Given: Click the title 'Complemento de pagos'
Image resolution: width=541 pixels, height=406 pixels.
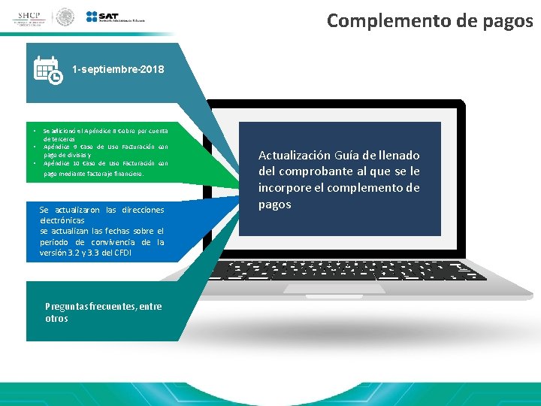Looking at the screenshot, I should pyautogui.click(x=430, y=20).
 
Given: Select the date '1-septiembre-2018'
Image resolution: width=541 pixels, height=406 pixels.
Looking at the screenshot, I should pyautogui.click(x=118, y=70).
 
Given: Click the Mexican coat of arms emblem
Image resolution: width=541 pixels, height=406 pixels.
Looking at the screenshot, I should pyautogui.click(x=66, y=17).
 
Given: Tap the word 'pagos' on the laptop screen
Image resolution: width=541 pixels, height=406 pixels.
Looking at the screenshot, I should pyautogui.click(x=275, y=205).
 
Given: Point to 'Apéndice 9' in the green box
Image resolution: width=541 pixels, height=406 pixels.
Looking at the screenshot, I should pyautogui.click(x=62, y=147).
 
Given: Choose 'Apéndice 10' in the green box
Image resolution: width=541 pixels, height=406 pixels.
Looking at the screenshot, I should pyautogui.click(x=63, y=163).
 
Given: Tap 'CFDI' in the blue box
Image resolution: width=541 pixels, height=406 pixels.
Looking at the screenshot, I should pyautogui.click(x=125, y=253).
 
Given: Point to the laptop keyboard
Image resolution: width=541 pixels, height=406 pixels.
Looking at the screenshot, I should pyautogui.click(x=349, y=270).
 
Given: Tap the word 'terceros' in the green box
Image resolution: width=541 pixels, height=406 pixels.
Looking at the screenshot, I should pyautogui.click(x=57, y=139).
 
